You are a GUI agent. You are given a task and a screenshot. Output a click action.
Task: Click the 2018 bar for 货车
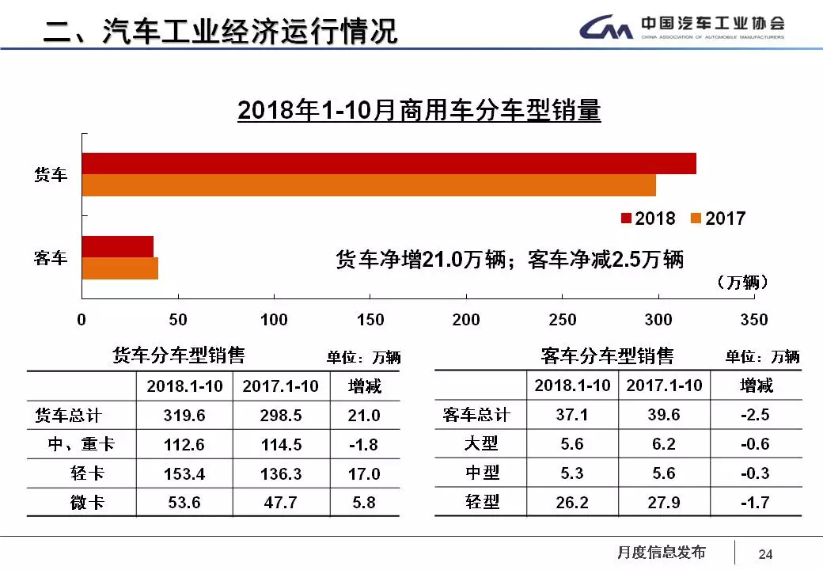[389, 163]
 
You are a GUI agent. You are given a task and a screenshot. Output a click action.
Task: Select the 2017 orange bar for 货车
[369, 185]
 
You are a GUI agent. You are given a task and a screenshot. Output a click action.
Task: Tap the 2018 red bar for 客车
[118, 246]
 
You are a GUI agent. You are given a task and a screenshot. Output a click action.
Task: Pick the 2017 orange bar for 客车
[120, 268]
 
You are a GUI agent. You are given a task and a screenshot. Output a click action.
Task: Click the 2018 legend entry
[648, 218]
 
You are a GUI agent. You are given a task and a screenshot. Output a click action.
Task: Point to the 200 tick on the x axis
[466, 320]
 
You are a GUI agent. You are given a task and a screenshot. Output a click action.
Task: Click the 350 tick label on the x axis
[754, 320]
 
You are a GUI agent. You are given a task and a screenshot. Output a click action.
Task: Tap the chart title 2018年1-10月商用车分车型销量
[419, 111]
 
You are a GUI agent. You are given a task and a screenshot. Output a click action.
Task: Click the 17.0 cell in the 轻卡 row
[364, 474]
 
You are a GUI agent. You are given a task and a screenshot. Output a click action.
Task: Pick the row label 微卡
[87, 503]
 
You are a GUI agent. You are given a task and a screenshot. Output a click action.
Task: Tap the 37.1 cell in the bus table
[572, 415]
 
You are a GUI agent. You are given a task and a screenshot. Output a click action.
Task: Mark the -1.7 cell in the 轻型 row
[755, 502]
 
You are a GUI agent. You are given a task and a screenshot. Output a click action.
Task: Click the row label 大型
[481, 444]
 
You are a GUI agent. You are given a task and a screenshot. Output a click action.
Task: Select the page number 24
[765, 554]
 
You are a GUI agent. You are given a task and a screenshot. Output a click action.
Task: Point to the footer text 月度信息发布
[661, 553]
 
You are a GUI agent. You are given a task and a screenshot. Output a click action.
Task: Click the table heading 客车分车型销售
[607, 356]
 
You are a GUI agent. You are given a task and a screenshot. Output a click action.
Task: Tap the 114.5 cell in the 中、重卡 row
[281, 445]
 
